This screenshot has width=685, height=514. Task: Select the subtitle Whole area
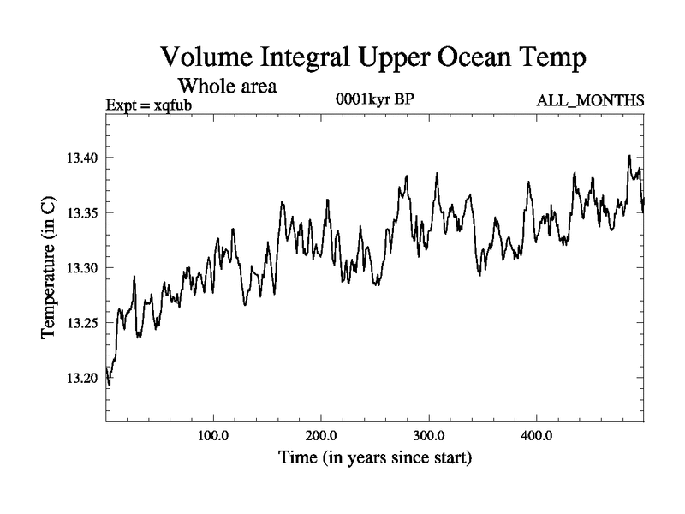(x=225, y=86)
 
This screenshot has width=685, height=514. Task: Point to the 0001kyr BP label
(x=376, y=99)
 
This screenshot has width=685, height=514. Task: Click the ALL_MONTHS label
(x=590, y=101)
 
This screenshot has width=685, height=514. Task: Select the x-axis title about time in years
(x=374, y=458)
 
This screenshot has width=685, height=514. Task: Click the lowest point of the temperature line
(x=109, y=385)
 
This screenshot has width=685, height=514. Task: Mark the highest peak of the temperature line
(x=629, y=156)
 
